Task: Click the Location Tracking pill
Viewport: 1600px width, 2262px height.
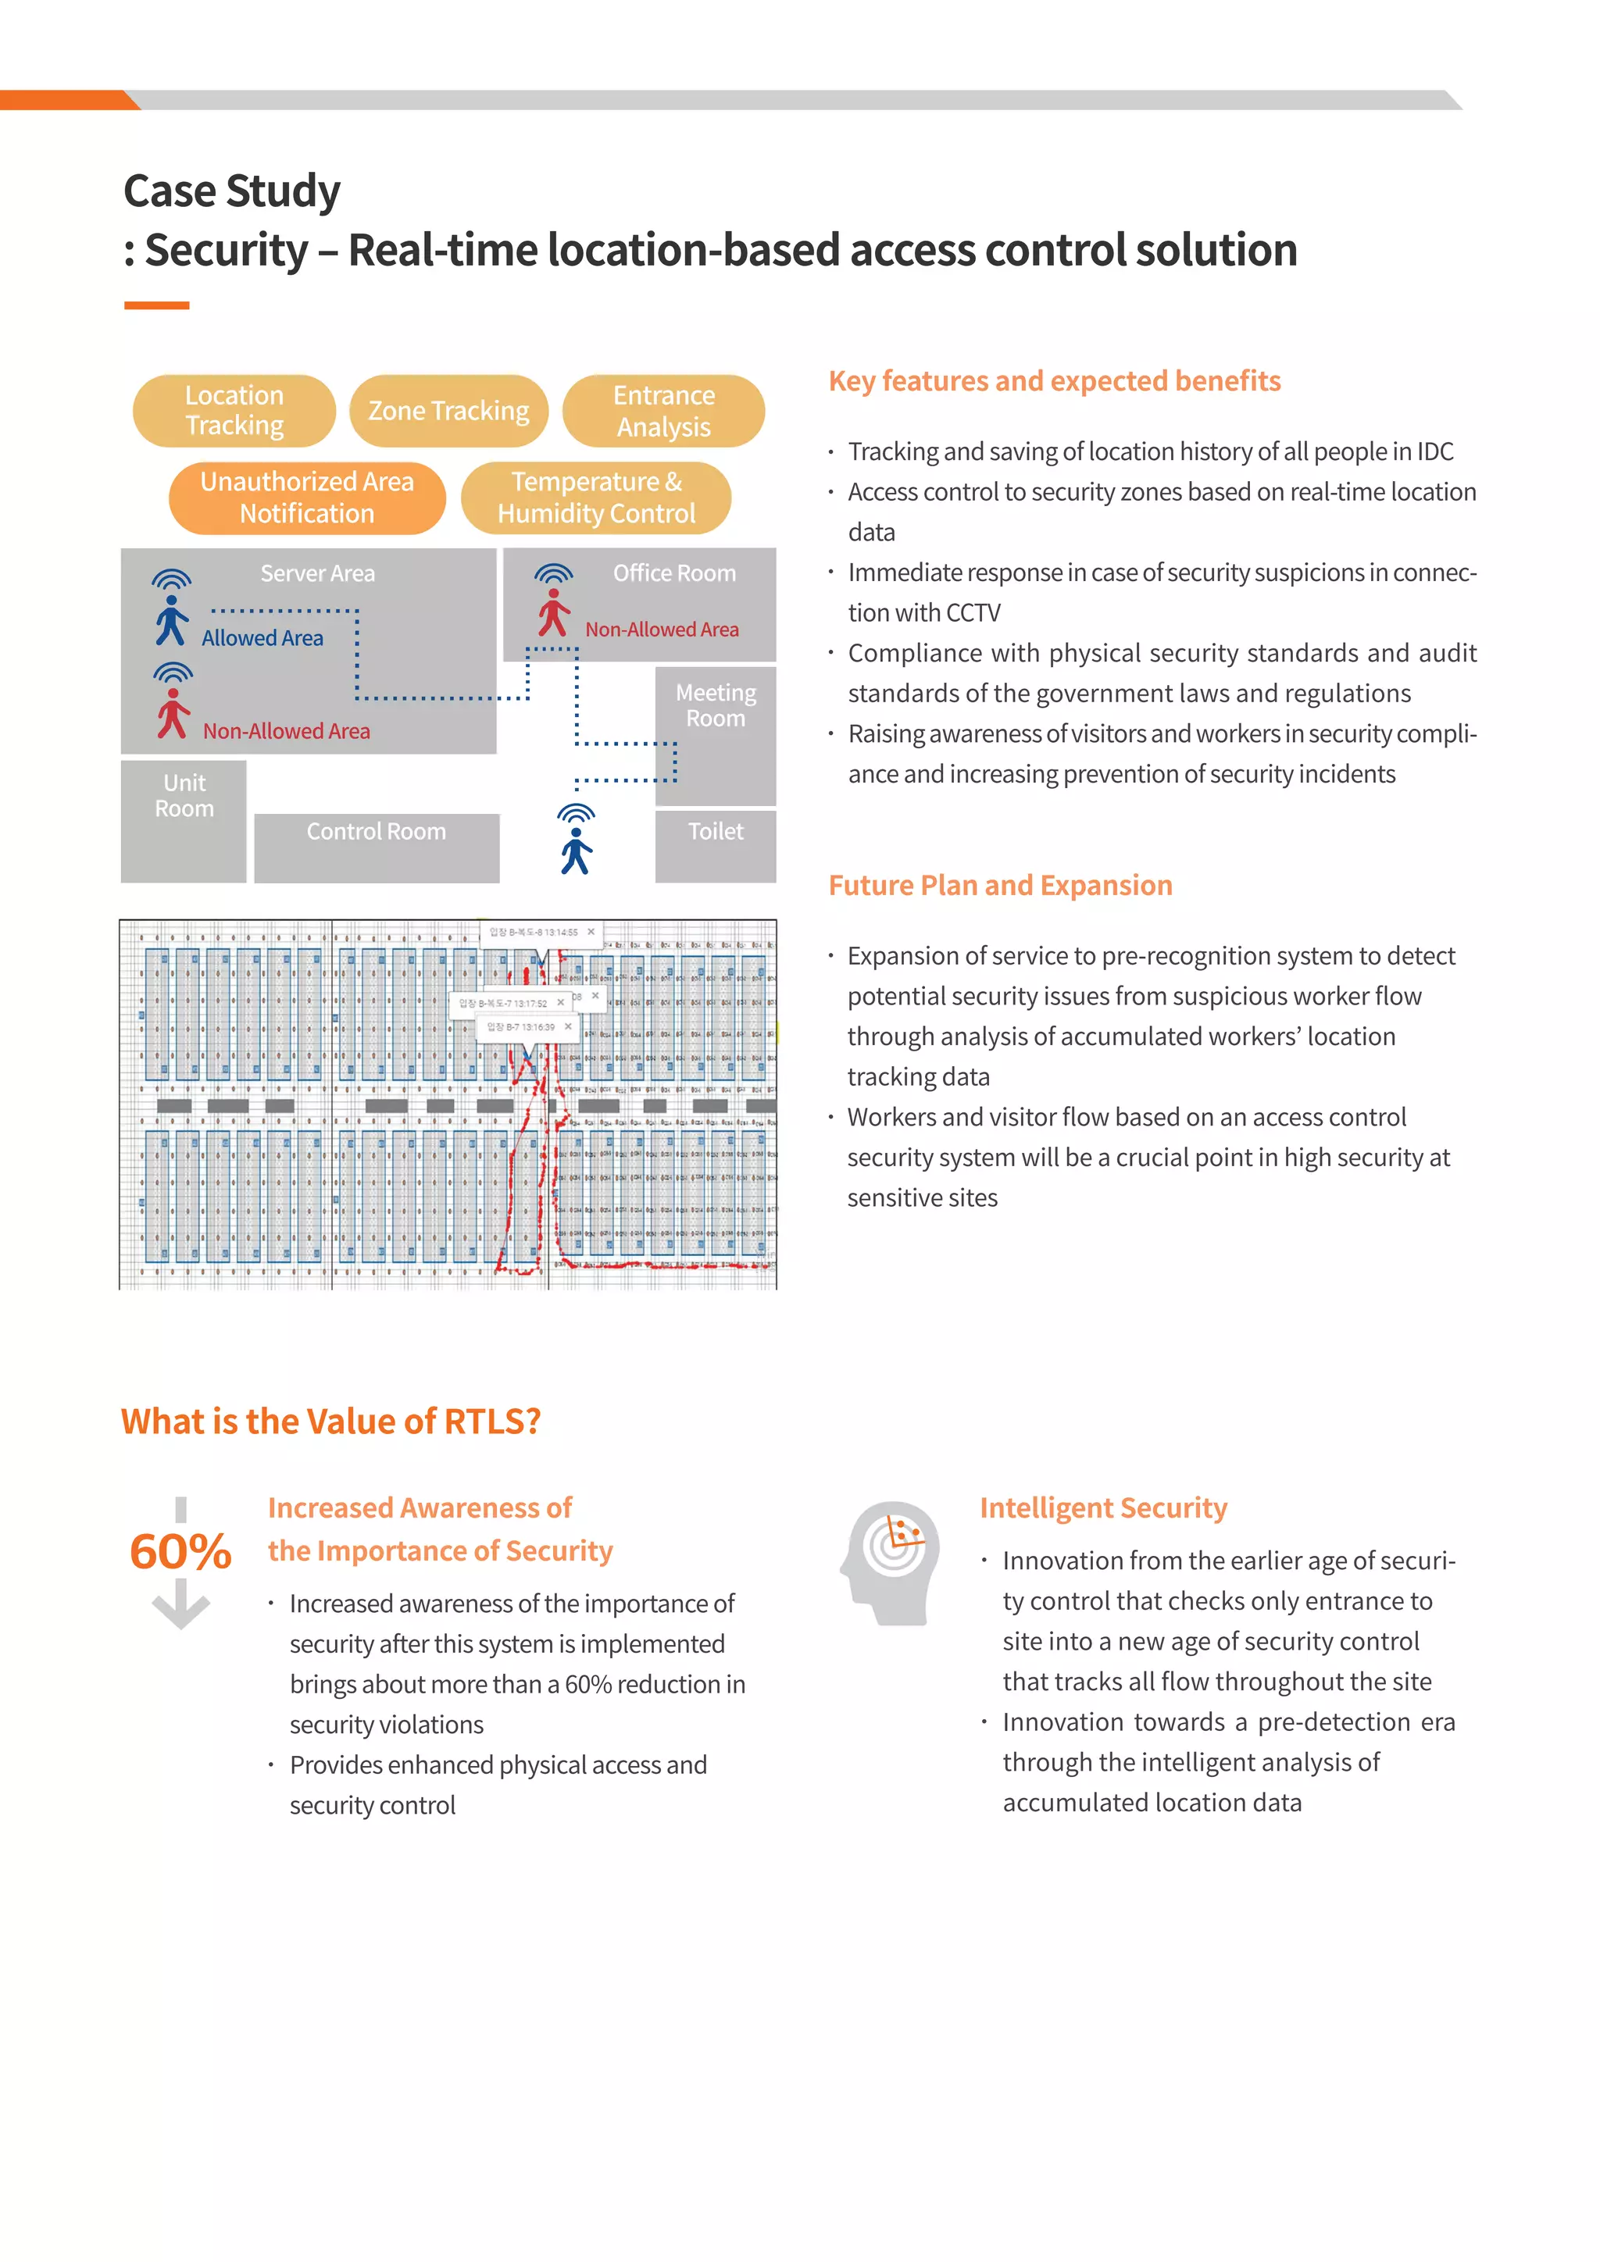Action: tap(234, 411)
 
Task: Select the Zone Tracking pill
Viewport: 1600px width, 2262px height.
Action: tap(448, 411)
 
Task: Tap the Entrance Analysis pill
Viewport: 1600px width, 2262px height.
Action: tap(663, 411)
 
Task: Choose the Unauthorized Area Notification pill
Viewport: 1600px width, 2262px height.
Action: tap(306, 498)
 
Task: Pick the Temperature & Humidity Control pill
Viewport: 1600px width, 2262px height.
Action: tap(596, 498)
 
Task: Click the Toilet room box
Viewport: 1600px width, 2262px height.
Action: tap(716, 845)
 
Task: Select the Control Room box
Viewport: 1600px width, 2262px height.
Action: tap(377, 847)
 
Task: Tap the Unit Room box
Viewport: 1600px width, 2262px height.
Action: tap(184, 821)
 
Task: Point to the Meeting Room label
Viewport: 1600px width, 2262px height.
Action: tap(716, 705)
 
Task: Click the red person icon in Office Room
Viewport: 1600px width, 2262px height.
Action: tap(554, 613)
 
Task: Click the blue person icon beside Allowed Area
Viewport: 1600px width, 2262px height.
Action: tap(171, 621)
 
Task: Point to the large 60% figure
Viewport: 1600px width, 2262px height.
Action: tap(180, 1552)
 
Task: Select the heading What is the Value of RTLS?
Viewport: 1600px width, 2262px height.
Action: tap(331, 1422)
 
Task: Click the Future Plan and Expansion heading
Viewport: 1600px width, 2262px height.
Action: tap(1000, 886)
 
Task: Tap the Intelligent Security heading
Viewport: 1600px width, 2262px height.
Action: tap(1103, 1508)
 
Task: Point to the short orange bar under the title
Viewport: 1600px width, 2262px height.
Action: tap(157, 305)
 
